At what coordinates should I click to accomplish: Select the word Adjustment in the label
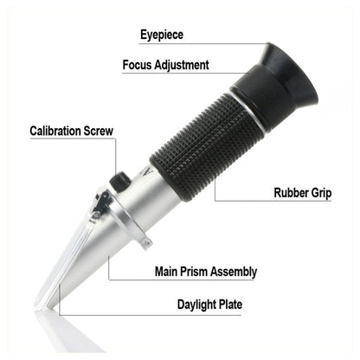click(183, 65)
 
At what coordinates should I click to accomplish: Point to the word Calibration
click(59, 132)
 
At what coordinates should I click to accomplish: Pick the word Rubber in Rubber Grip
click(292, 193)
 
